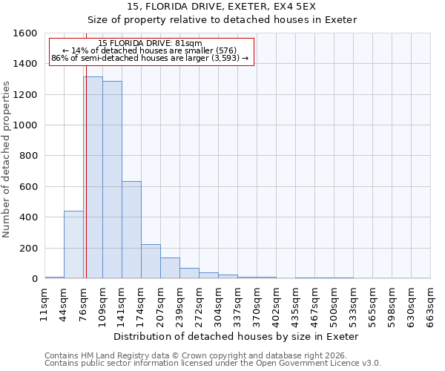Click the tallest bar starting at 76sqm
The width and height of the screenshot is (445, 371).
[x=93, y=178]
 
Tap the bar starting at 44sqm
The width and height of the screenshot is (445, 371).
[x=73, y=245]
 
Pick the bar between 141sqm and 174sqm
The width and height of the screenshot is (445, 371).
[x=131, y=230]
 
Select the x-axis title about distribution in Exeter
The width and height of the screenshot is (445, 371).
[x=237, y=336]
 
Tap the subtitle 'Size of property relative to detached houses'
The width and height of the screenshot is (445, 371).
[x=222, y=19]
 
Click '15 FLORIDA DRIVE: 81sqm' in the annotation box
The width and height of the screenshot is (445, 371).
[x=150, y=43]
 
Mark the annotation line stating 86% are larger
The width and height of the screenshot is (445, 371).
[x=150, y=58]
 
